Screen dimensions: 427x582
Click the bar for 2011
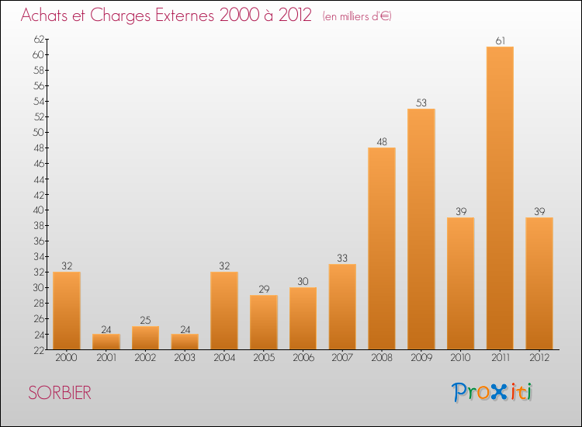point(500,198)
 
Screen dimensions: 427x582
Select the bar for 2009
point(421,229)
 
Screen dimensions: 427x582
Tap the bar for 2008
point(382,248)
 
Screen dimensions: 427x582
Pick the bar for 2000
point(67,311)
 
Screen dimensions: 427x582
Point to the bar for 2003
point(185,342)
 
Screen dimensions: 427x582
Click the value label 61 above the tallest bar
point(500,40)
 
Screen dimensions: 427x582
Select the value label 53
point(421,102)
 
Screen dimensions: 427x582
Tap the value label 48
point(382,141)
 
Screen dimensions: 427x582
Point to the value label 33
point(342,258)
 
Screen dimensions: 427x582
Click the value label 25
point(145,320)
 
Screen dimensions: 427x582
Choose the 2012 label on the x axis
point(539,358)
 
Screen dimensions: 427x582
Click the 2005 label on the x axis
point(264,358)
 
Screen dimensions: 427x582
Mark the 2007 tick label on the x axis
point(342,358)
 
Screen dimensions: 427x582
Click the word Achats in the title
point(48,16)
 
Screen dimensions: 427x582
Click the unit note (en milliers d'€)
point(357,16)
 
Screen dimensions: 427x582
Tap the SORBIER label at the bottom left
point(60,394)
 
